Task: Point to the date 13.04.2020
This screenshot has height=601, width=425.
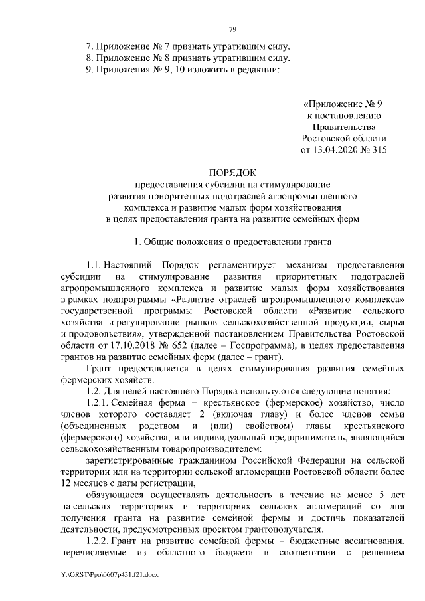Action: [333, 150]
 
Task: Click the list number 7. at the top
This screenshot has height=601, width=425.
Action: [90, 46]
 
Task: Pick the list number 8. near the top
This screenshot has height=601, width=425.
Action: [90, 58]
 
